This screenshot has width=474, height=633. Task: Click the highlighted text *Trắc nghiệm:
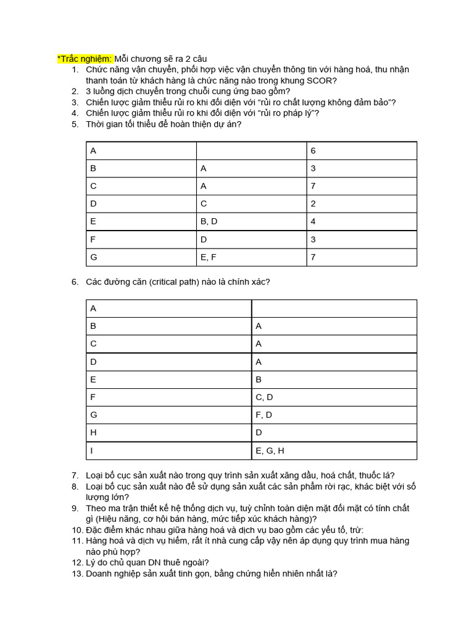point(85,58)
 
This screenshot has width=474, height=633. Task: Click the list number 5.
point(74,124)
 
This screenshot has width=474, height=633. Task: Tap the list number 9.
point(74,508)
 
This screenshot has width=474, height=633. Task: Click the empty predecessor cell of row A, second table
point(333,308)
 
